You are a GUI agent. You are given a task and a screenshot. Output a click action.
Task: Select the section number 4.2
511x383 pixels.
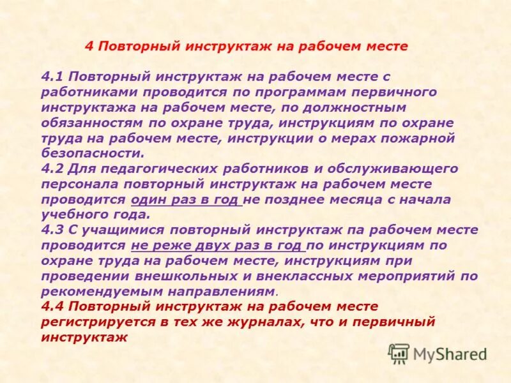[52, 169]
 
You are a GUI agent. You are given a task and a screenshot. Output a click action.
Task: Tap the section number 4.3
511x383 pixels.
[52, 230]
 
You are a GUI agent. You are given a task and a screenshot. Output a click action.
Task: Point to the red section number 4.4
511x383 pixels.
[52, 307]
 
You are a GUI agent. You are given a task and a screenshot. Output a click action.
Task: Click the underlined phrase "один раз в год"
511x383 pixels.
[185, 200]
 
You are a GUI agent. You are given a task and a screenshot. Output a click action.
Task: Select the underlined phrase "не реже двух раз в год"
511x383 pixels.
[217, 246]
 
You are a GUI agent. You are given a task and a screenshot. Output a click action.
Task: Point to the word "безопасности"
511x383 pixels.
[91, 153]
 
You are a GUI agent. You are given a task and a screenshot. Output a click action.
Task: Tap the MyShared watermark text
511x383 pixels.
[450, 354]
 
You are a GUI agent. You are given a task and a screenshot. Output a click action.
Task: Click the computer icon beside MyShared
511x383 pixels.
[399, 353]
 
